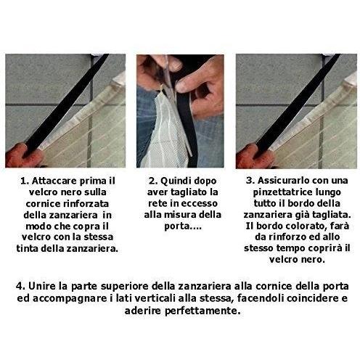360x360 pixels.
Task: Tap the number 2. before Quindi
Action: point(153,181)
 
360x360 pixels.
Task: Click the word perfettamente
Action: point(202,311)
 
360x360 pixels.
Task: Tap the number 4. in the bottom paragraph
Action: point(20,286)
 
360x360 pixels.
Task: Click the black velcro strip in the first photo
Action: point(65,103)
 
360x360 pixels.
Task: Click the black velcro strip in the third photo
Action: point(296,103)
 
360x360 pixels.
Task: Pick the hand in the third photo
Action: point(254,157)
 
